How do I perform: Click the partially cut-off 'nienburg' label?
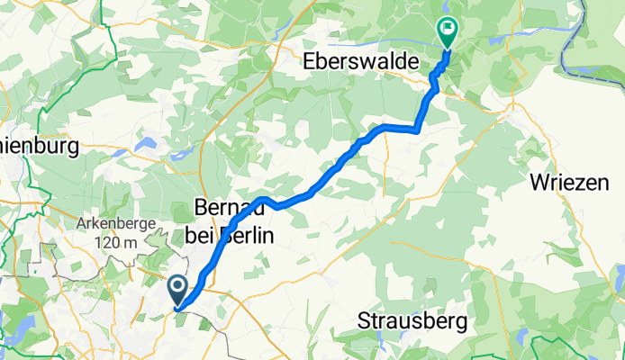click(x=40, y=145)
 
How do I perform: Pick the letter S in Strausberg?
click(x=364, y=319)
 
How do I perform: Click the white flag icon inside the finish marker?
click(x=447, y=29)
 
